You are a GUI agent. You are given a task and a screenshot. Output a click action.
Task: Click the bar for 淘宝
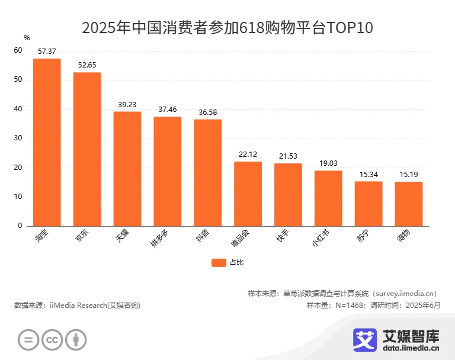point(47,142)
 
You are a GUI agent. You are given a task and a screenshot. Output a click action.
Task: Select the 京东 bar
point(87,149)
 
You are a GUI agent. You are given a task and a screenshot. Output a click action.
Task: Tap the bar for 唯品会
point(248,194)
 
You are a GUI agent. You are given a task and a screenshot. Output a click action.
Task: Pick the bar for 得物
point(409,204)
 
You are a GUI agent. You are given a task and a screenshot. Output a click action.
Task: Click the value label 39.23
point(127,104)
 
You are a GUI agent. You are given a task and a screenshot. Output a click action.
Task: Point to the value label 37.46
point(168,110)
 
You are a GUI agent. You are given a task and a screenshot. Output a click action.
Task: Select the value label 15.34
point(369,174)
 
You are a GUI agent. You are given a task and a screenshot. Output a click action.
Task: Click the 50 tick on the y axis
point(18,80)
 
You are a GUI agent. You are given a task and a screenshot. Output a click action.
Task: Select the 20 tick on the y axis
point(18,168)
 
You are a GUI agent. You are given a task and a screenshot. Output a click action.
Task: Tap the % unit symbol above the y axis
point(27,38)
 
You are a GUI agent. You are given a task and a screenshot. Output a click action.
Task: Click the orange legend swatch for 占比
point(219,262)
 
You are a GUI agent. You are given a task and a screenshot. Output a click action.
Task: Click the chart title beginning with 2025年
point(227,28)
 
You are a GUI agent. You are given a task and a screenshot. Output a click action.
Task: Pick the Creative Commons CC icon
point(52,339)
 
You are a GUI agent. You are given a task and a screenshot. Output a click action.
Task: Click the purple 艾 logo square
point(365,339)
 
